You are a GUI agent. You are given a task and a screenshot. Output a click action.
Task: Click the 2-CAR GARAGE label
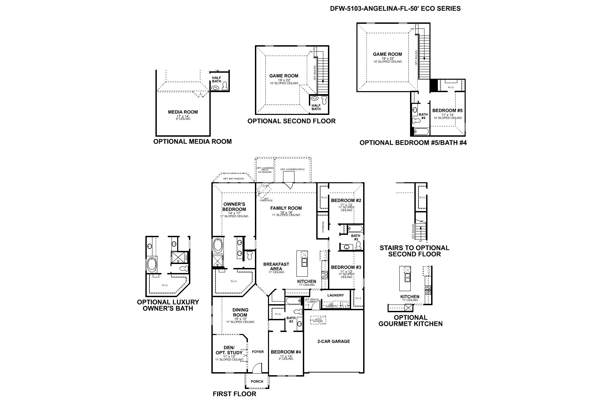pyautogui.click(x=333, y=341)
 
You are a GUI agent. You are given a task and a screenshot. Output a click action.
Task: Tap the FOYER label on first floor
pyautogui.click(x=258, y=352)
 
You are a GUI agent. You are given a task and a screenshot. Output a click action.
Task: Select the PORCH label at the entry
pyautogui.click(x=257, y=381)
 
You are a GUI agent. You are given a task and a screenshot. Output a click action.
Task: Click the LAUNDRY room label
pyautogui.click(x=335, y=295)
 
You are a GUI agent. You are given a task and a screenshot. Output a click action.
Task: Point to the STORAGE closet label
pyautogui.click(x=323, y=227)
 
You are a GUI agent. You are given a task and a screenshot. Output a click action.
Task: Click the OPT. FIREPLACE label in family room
pyautogui.click(x=264, y=199)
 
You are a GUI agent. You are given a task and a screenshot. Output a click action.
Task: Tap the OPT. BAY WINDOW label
pyautogui.click(x=234, y=179)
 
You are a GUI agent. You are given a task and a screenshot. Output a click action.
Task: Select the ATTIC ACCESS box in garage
pyautogui.click(x=318, y=320)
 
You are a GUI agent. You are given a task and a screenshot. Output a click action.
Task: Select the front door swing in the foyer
pyautogui.click(x=256, y=368)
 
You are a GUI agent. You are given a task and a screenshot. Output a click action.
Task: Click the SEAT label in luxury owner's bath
pyautogui.click(x=186, y=257)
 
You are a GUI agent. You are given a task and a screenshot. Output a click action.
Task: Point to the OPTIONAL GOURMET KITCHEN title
pyautogui.click(x=410, y=321)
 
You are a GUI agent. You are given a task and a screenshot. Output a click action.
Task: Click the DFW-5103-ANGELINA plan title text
pyautogui.click(x=395, y=9)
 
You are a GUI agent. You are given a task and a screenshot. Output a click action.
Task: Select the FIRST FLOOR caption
pyautogui.click(x=234, y=394)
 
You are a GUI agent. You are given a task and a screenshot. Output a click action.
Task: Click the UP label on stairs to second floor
pyautogui.click(x=420, y=241)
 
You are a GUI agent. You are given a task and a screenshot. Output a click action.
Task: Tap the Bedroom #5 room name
pyautogui.click(x=447, y=110)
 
